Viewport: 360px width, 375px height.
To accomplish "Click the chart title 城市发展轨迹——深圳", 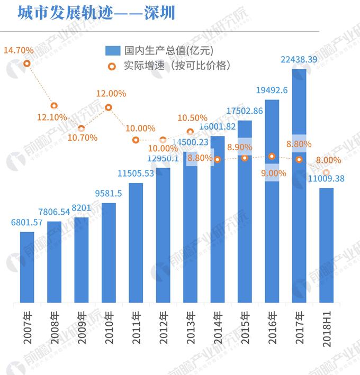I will point(96,13).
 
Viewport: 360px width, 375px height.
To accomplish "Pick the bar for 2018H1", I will point(326,245).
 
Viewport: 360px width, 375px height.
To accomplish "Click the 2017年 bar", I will point(299,185).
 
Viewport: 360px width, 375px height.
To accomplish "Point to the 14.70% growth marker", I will point(27,63).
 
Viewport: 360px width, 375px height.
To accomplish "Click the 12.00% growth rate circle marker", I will point(109,107).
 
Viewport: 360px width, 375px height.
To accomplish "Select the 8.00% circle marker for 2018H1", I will point(327,172).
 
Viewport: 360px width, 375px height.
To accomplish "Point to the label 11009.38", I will point(326,179).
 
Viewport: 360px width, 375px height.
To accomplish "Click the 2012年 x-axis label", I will point(164,328).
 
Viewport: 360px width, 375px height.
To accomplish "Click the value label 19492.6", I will point(272,90).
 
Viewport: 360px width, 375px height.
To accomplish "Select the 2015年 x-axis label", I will point(245,328).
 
